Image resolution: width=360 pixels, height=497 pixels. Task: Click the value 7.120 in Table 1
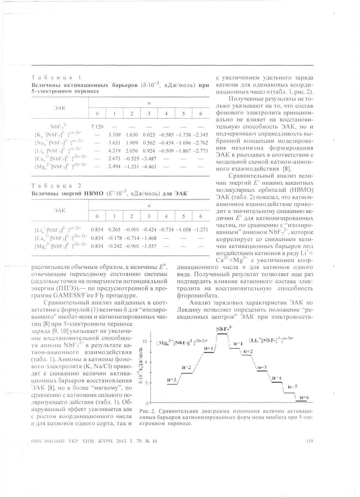(x=97, y=127)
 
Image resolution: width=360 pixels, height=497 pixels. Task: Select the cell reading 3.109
(x=114, y=135)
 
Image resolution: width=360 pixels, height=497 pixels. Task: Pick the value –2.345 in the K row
(x=201, y=135)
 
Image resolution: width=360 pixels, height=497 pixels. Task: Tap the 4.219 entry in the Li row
(x=114, y=151)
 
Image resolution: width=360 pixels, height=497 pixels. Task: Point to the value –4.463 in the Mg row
(x=149, y=167)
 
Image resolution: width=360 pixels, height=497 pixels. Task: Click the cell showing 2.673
(x=114, y=159)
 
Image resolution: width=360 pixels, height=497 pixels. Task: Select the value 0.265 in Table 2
(x=114, y=230)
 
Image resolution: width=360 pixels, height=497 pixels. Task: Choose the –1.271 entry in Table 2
(x=200, y=230)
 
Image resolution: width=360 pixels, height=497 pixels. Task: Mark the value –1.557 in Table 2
(x=149, y=246)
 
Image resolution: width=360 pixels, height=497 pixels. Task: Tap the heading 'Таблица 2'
(x=57, y=186)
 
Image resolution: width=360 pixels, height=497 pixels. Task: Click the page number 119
(x=310, y=441)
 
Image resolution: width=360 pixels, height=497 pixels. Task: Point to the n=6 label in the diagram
(x=304, y=398)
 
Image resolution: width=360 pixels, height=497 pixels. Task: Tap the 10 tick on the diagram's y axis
(x=144, y=341)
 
